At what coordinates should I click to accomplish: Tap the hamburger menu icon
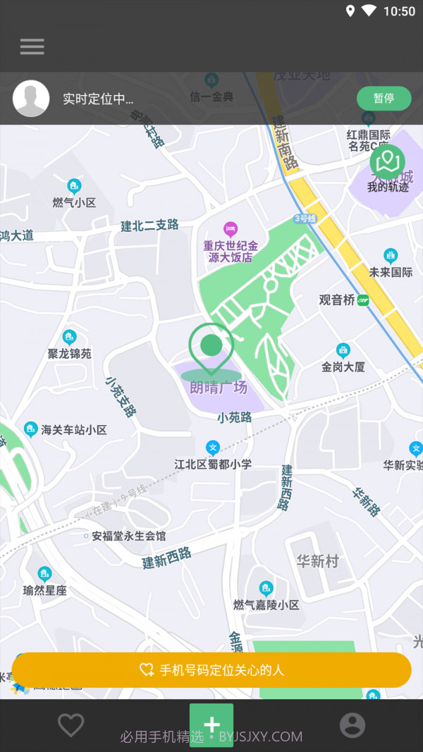coord(32,47)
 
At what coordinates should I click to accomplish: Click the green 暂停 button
coord(384,99)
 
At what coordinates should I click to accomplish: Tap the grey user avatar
coord(31,99)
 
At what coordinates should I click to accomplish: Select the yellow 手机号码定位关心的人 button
coord(211,670)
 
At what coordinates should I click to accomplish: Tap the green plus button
coord(211,725)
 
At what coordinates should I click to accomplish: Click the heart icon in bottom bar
coord(70,725)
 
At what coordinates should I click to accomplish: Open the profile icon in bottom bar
coord(352,725)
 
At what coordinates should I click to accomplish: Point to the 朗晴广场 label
coord(219,387)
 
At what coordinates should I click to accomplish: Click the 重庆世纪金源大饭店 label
coord(231,252)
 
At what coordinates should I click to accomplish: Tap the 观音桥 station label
coord(337,300)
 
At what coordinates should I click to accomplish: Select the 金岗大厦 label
coord(343,366)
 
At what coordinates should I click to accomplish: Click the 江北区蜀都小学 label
coord(213,464)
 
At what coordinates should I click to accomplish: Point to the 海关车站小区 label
coord(73,429)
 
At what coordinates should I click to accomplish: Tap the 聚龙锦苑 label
coord(69,353)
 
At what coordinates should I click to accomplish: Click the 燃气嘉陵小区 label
coord(266,605)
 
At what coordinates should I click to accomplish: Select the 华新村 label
coord(317,561)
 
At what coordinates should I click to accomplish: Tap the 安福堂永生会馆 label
coord(128,536)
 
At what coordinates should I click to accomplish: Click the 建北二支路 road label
coord(149,226)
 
